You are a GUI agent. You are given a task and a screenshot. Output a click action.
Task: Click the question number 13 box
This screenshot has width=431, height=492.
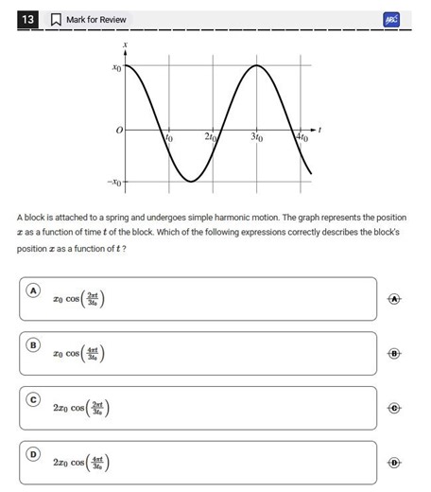(x=27, y=19)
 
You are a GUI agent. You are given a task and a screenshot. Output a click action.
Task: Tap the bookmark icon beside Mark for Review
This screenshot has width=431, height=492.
(x=55, y=19)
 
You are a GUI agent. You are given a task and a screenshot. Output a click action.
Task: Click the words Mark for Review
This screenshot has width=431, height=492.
(x=95, y=19)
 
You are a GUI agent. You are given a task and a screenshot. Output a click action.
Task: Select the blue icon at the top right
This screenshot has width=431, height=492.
(x=392, y=19)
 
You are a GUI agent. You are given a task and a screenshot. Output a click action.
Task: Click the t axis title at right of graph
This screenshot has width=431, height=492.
(x=320, y=129)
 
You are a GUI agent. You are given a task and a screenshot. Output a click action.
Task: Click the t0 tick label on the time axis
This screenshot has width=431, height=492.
(x=170, y=138)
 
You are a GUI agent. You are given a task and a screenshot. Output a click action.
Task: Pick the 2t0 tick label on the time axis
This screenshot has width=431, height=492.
(x=211, y=138)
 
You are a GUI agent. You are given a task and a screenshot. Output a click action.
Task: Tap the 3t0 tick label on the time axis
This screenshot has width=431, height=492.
(x=256, y=138)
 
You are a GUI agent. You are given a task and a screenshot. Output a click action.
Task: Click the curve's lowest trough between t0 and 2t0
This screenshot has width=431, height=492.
(x=190, y=181)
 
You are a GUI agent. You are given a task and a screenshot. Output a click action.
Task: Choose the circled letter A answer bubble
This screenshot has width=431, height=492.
(x=33, y=290)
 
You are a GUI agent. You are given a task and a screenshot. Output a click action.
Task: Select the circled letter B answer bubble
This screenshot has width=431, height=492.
(x=33, y=345)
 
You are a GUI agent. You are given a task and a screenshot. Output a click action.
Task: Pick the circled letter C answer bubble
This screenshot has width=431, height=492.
(x=33, y=400)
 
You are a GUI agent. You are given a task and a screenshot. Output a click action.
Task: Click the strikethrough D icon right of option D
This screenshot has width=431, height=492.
(x=395, y=463)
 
